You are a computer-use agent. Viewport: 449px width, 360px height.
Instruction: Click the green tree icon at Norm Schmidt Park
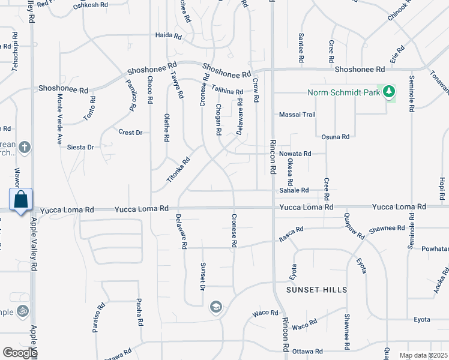[x=390, y=92]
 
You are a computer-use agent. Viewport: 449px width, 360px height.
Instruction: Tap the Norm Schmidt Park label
[x=345, y=92]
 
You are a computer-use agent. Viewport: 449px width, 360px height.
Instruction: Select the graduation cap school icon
[x=215, y=308]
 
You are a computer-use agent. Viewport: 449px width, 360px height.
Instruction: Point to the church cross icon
[x=25, y=146]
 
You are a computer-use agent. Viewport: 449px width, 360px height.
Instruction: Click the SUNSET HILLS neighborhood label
[x=316, y=290]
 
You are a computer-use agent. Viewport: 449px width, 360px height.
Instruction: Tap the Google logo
[x=20, y=353]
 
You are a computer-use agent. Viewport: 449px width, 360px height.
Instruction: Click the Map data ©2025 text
[x=423, y=355]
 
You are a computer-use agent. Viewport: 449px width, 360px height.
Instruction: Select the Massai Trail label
[x=297, y=115]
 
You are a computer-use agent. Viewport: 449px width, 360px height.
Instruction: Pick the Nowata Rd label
[x=295, y=154]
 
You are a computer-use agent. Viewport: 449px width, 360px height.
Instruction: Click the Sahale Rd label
[x=294, y=190]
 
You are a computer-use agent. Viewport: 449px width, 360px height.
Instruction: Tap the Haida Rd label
[x=168, y=35]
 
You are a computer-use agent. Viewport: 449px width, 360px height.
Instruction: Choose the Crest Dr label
[x=130, y=132]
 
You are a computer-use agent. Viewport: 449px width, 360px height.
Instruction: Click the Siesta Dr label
[x=81, y=147]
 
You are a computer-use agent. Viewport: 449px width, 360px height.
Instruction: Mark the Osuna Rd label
[x=336, y=137]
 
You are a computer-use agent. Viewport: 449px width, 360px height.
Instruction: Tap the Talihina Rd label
[x=226, y=91]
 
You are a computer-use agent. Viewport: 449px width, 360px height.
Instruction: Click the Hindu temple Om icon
[x=23, y=311]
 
